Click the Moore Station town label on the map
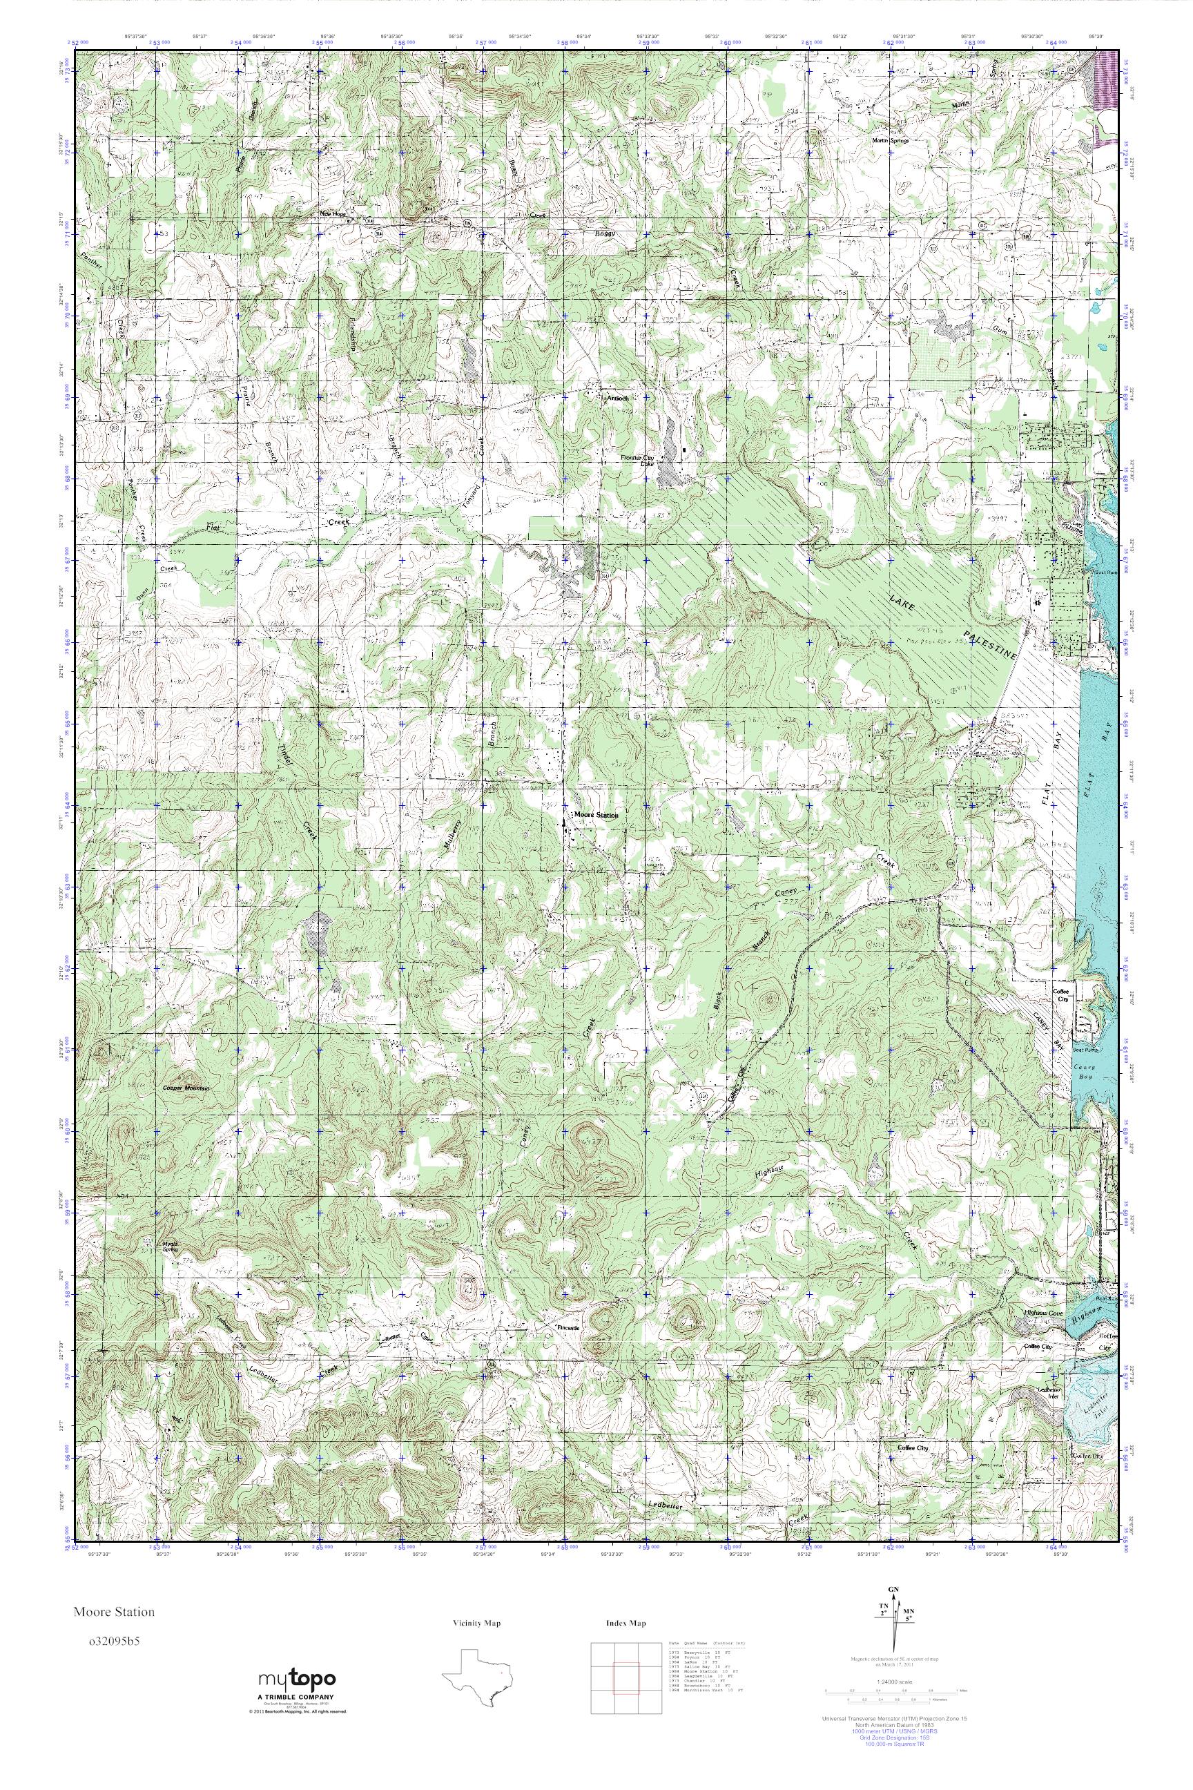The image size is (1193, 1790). (596, 814)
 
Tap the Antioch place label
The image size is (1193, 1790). (617, 397)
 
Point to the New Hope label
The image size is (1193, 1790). (333, 215)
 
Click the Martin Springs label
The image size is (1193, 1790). (891, 141)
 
